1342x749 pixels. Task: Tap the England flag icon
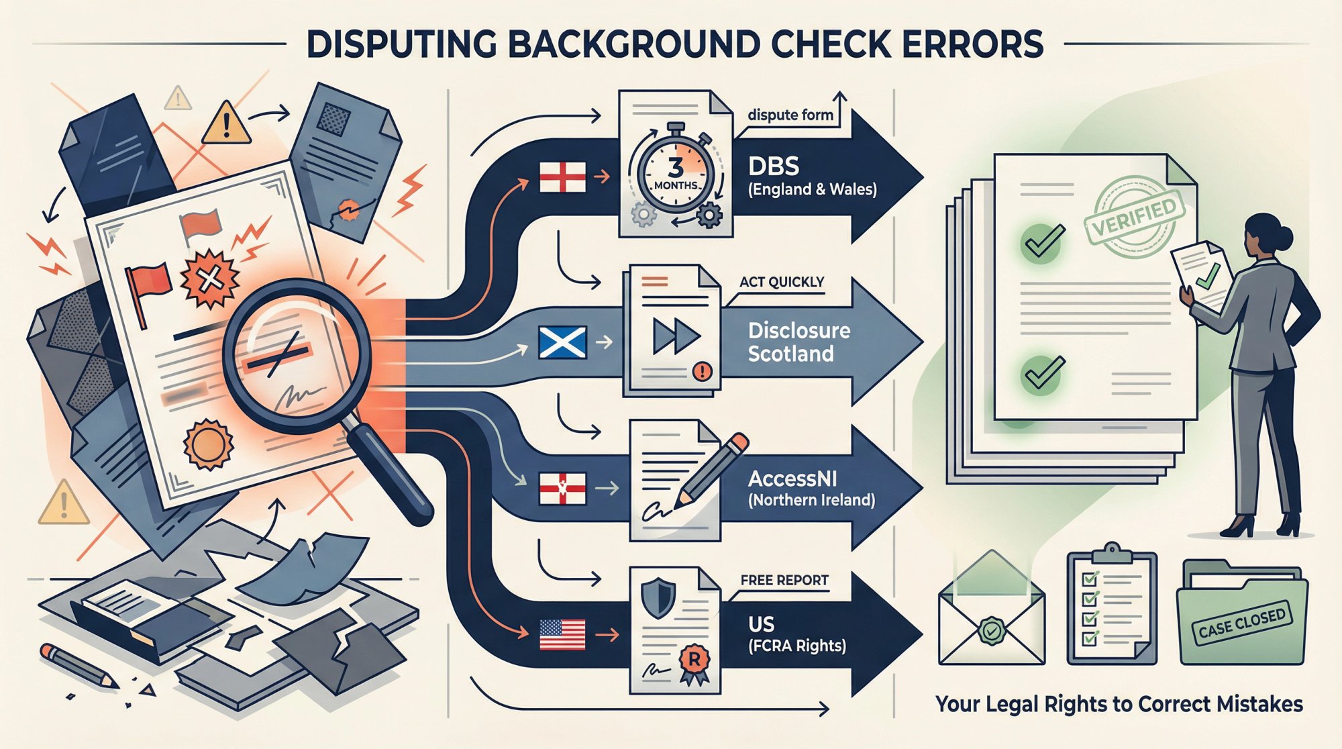pos(562,177)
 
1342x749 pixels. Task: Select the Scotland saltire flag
pos(562,342)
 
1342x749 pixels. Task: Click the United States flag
pos(562,635)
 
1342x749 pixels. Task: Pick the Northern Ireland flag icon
pos(562,489)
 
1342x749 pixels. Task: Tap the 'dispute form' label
pos(790,115)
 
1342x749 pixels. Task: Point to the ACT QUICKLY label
pos(782,282)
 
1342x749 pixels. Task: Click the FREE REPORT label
pos(784,580)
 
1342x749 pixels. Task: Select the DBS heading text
pos(774,166)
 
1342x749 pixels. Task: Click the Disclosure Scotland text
pos(798,342)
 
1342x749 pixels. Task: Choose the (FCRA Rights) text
pos(797,646)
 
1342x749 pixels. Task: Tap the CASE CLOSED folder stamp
pos(1241,623)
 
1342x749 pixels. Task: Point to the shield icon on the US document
pos(658,598)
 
